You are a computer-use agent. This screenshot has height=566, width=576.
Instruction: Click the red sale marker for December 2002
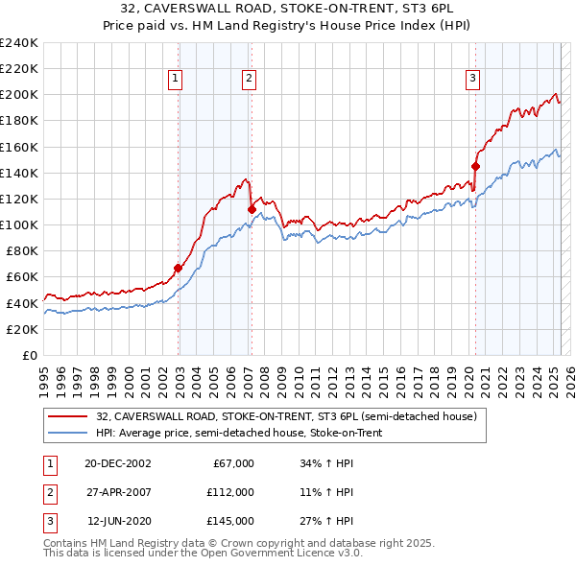tap(178, 268)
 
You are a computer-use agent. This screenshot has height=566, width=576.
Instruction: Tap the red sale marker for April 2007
tap(252, 209)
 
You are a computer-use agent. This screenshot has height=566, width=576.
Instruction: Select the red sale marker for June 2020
tap(475, 166)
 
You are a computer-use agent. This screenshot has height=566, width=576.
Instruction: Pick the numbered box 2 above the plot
tap(249, 80)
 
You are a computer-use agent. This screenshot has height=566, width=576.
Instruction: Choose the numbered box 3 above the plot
tap(473, 80)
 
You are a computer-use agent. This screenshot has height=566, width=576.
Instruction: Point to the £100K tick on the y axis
tap(19, 224)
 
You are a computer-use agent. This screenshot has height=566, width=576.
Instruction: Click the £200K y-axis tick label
tap(19, 95)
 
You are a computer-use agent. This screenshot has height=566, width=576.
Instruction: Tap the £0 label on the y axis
tap(29, 355)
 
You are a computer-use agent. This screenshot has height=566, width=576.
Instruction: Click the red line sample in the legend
tap(68, 415)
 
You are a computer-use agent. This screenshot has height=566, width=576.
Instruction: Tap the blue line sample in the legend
tap(68, 433)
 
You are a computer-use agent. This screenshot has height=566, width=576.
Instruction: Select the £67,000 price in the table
tap(233, 462)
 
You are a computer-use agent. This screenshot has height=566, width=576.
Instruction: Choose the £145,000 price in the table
tap(230, 522)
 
